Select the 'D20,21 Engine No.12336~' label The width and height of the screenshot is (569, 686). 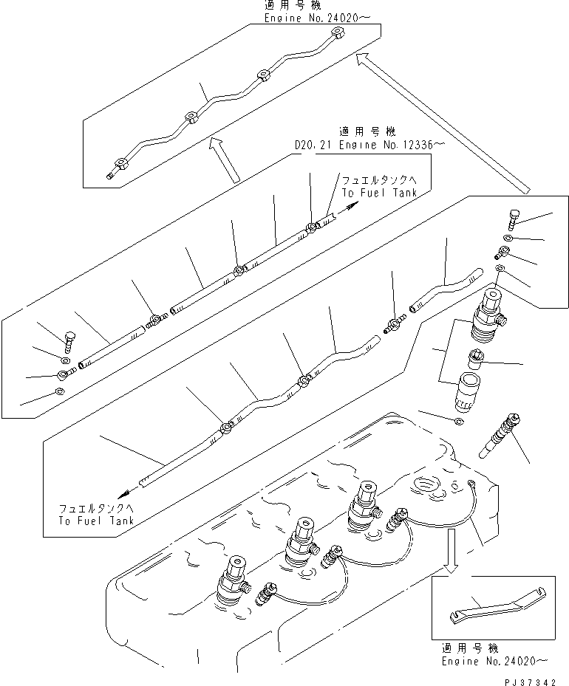pos(367,145)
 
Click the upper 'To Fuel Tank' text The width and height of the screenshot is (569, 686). pos(379,192)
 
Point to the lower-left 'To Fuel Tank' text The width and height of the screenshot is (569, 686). pos(96,520)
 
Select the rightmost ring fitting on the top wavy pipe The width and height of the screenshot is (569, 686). pos(337,32)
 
